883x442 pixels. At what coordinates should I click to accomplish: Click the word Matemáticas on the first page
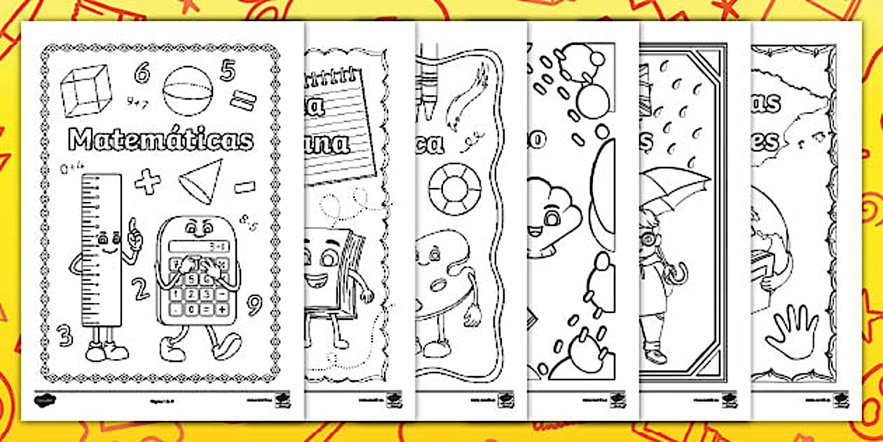(160, 140)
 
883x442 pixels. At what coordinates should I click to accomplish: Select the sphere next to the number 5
(183, 89)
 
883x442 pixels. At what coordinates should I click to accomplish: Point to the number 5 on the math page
(227, 70)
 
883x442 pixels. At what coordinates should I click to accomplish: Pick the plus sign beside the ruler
(147, 182)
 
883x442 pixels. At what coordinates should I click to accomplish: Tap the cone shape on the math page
(201, 181)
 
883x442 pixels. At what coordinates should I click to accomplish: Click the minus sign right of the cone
(245, 187)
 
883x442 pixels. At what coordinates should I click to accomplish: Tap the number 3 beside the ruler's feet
(66, 335)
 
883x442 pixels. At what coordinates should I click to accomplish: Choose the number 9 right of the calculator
(254, 304)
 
